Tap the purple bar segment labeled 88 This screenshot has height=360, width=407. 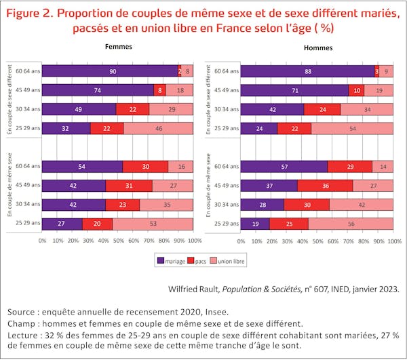point(308,71)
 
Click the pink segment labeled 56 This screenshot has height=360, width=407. point(351,223)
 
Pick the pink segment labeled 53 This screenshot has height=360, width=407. point(153,223)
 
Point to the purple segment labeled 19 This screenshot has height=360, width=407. point(256,223)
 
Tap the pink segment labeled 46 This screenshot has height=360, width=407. point(159,127)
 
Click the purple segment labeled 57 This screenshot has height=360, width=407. point(285,166)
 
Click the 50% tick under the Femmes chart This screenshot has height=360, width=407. point(118,240)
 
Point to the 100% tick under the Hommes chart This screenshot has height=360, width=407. point(393,240)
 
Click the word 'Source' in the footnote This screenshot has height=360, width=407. point(24,312)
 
